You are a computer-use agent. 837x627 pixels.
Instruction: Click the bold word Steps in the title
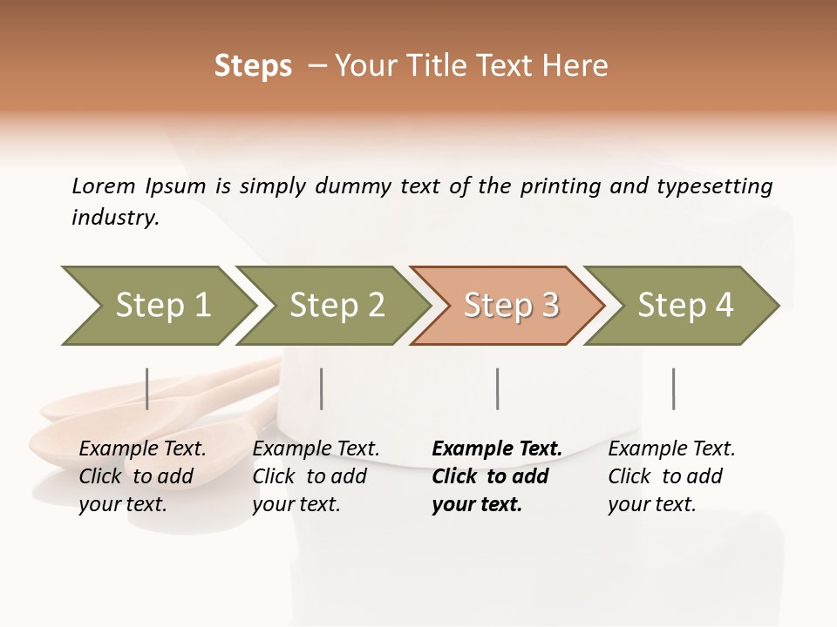pos(253,66)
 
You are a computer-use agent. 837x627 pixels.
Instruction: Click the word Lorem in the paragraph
pos(104,185)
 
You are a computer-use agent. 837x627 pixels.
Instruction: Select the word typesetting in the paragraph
pos(714,186)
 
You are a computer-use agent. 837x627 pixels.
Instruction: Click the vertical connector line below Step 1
pos(147,388)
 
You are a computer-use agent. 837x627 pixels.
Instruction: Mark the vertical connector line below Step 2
pos(322,388)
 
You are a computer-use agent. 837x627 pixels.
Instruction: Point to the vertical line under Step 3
pos(497,388)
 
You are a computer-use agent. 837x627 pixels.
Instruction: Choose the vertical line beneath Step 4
pos(673,388)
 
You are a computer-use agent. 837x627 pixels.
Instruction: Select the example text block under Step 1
pos(142,476)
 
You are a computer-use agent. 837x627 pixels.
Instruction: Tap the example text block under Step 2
pos(316,476)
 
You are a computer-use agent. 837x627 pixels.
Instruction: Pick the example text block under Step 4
pos(671,476)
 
